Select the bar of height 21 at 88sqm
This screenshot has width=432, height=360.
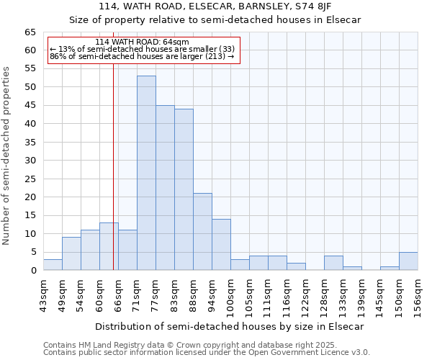202,232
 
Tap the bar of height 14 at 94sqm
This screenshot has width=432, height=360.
221,245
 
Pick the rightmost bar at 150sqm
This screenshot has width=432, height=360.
408,261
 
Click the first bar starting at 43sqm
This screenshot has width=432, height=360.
53,265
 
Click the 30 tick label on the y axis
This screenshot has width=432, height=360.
30,161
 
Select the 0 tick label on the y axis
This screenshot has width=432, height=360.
33,271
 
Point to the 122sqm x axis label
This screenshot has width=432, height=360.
305,293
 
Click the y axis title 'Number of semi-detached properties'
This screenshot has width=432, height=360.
7,156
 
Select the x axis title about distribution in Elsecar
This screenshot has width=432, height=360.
229,326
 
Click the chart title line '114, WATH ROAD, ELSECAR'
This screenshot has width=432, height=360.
215,6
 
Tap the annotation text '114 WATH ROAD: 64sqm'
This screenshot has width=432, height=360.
142,42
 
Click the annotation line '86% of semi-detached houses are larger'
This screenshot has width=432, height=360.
142,56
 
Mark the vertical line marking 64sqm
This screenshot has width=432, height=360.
113,166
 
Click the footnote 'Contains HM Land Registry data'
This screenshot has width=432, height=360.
206,345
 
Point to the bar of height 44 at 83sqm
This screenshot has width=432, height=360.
184,189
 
